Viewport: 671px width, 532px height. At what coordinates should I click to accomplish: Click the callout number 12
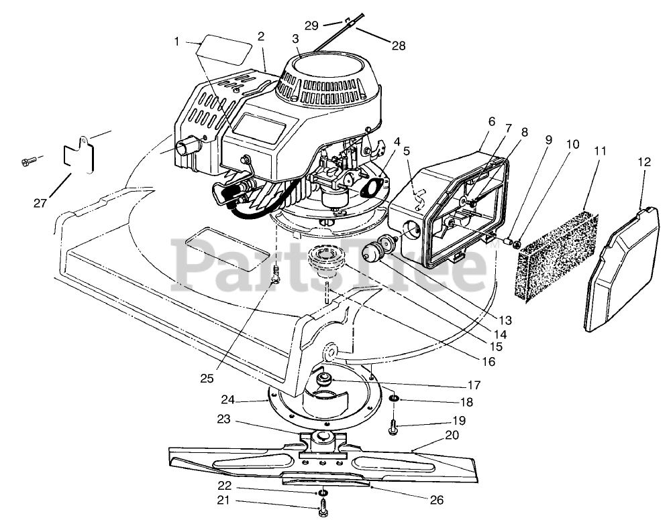pyautogui.click(x=643, y=161)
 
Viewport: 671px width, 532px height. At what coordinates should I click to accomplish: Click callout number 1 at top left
pyautogui.click(x=177, y=42)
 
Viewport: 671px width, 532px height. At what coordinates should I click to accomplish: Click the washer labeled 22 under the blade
pyautogui.click(x=323, y=494)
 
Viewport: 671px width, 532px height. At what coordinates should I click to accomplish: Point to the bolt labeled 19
pyautogui.click(x=394, y=425)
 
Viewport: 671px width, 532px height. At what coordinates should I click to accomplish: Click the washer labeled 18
pyautogui.click(x=394, y=400)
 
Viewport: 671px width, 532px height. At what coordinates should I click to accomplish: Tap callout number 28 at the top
pyautogui.click(x=399, y=46)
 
